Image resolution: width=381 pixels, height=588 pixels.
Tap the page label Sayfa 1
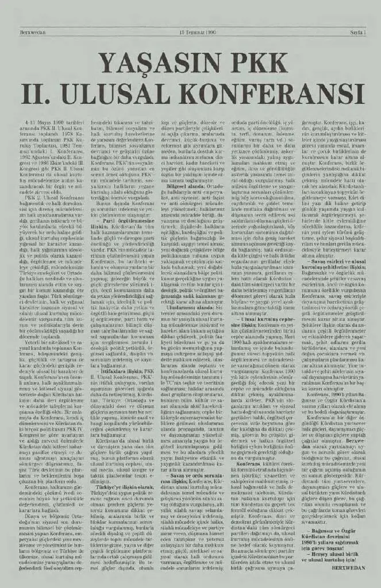point(357,33)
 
